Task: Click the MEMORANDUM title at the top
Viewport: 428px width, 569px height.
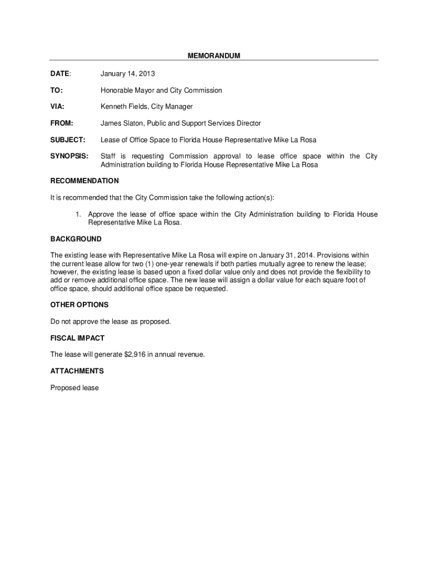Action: (x=213, y=56)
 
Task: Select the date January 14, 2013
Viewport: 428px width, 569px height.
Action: (x=127, y=73)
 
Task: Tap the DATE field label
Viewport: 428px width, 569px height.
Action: (x=60, y=73)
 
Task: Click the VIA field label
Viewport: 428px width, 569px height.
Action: (x=57, y=106)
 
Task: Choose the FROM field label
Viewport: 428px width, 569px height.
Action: (x=62, y=123)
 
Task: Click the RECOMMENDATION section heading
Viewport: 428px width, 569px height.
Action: (x=84, y=181)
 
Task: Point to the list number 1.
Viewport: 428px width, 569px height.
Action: (x=79, y=214)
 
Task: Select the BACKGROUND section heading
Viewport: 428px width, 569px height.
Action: (x=76, y=239)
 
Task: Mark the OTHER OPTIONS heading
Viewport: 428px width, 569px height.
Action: (x=79, y=305)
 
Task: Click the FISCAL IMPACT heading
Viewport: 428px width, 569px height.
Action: (x=77, y=338)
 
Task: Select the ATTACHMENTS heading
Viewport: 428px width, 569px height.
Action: (x=77, y=371)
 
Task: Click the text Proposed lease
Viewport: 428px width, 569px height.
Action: (x=74, y=388)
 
